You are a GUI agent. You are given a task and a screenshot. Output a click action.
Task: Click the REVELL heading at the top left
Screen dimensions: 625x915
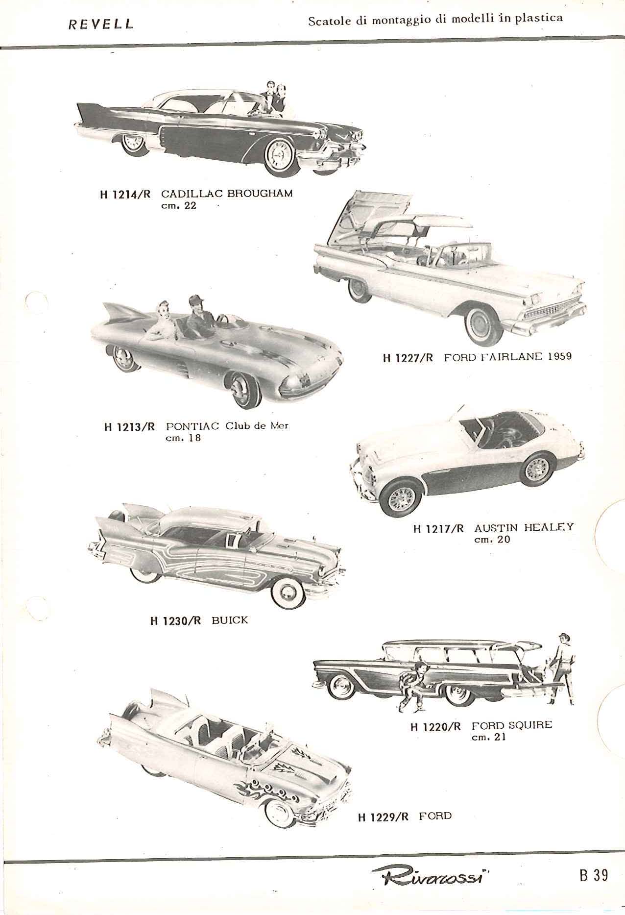[101, 24]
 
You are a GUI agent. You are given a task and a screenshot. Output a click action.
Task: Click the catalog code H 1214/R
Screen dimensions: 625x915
[124, 194]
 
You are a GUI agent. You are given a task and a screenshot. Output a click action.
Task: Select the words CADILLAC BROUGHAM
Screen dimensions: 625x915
[227, 194]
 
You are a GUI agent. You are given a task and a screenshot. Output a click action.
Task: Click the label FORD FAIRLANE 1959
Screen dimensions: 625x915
[507, 356]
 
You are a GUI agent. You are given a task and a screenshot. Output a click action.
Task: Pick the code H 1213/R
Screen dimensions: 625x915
[129, 427]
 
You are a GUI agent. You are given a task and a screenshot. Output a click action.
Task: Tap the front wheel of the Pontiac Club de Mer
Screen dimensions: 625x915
[245, 390]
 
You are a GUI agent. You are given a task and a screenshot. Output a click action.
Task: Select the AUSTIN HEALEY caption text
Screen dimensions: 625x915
[524, 528]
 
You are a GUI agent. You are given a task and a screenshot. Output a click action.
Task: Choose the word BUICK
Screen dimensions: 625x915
[230, 620]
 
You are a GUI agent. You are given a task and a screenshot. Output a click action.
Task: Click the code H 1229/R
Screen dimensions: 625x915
[384, 817]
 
